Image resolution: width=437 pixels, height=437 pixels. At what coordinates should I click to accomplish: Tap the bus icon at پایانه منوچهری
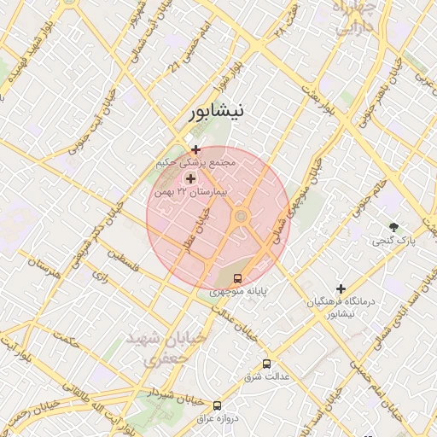238,278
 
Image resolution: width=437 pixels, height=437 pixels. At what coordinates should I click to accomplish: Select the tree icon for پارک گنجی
393,227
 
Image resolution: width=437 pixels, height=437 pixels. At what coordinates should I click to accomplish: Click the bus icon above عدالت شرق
266,364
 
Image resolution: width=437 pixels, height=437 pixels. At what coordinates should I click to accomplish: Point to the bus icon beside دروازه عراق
217,405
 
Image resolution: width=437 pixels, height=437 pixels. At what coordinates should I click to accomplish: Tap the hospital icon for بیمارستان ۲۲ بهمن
190,179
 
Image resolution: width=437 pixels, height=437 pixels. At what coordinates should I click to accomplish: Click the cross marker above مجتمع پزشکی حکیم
196,149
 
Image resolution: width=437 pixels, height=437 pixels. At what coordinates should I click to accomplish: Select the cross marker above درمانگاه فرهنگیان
341,289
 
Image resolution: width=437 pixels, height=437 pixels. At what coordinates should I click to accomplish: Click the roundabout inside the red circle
241,217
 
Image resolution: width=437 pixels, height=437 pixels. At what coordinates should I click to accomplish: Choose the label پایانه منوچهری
239,292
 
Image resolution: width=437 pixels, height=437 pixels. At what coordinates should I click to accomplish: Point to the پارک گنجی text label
394,242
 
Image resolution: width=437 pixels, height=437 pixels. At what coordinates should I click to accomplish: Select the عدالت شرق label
264,376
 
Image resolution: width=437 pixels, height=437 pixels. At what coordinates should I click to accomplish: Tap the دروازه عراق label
215,418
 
